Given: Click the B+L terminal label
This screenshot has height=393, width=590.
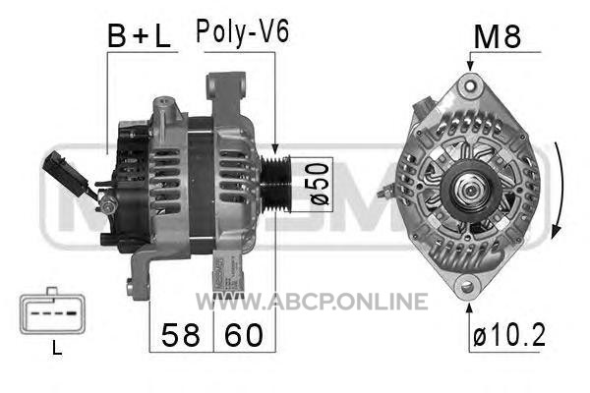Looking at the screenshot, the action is pyautogui.click(x=139, y=36).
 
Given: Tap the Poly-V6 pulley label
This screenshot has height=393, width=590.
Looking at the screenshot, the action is pyautogui.click(x=243, y=32).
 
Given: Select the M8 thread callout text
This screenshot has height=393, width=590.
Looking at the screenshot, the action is pyautogui.click(x=497, y=37).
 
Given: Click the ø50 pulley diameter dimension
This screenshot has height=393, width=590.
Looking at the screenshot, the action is pyautogui.click(x=320, y=184).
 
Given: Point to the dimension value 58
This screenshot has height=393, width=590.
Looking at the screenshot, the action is pyautogui.click(x=181, y=335).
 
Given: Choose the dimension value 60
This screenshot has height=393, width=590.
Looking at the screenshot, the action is pyautogui.click(x=244, y=335).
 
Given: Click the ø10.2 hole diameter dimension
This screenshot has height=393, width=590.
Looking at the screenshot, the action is pyautogui.click(x=509, y=335).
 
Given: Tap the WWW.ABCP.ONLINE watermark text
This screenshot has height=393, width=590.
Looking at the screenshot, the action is pyautogui.click(x=312, y=302).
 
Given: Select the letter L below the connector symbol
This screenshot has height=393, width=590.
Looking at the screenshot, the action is pyautogui.click(x=57, y=348).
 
